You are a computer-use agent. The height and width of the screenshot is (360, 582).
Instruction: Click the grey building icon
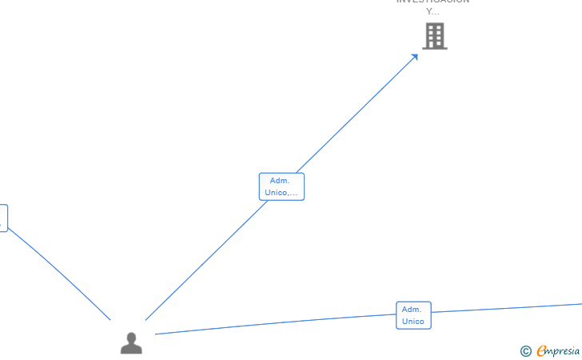(434, 36)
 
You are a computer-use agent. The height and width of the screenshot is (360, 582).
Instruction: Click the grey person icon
(131, 343)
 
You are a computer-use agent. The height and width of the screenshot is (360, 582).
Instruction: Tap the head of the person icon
(131, 337)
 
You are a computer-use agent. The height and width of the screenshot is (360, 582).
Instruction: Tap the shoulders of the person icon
(131, 349)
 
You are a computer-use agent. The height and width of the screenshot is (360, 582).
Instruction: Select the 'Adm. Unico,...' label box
(281, 186)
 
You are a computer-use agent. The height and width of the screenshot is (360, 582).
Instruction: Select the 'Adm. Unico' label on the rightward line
(413, 315)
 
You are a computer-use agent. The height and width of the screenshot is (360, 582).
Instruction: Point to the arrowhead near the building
(415, 56)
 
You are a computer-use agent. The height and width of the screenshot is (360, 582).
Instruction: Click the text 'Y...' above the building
(433, 12)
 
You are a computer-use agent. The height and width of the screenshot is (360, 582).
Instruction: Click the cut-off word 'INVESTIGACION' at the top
(433, 2)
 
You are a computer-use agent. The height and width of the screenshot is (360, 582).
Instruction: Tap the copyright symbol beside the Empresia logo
(525, 351)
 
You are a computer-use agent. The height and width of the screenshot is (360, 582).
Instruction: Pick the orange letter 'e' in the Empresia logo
(541, 351)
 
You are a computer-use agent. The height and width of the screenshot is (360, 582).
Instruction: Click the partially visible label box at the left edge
(3, 218)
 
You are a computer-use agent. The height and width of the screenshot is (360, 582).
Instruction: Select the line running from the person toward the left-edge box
(60, 274)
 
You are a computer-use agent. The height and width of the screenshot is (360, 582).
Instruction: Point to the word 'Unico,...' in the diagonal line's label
(281, 193)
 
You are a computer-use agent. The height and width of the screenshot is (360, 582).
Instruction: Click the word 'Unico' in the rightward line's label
(413, 322)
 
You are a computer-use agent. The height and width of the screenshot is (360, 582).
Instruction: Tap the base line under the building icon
(434, 48)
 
